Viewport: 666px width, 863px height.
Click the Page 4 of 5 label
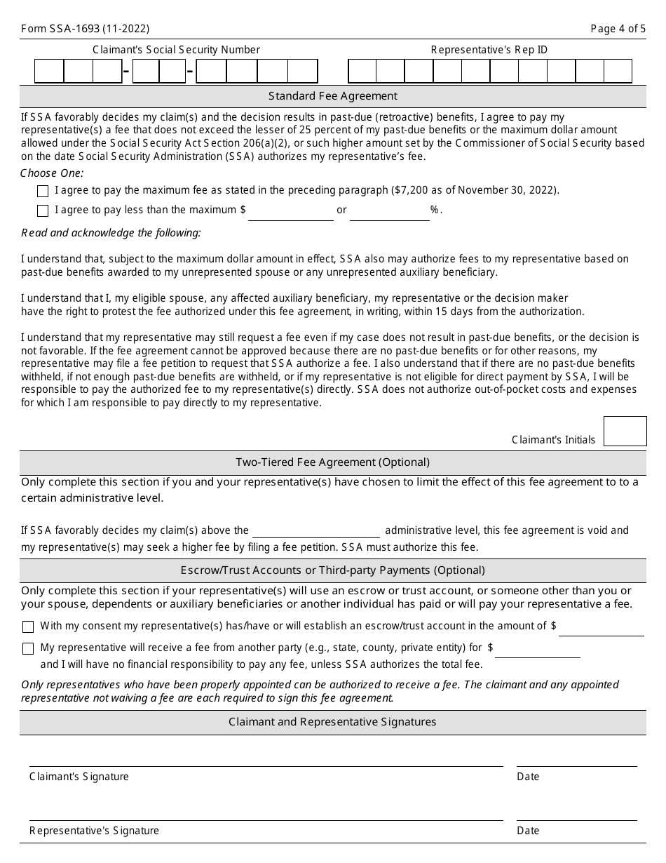pyautogui.click(x=618, y=29)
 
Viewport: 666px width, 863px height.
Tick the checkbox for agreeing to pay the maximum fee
pyautogui.click(x=43, y=191)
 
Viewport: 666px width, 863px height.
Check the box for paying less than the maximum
pyautogui.click(x=43, y=210)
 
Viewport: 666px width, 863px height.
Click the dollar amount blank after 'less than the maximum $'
pyautogui.click(x=290, y=211)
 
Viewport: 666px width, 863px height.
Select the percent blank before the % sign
pyautogui.click(x=389, y=211)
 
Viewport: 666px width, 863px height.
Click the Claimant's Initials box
pyautogui.click(x=625, y=431)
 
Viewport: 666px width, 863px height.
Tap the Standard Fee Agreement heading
pyautogui.click(x=332, y=96)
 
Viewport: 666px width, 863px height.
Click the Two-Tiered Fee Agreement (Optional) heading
pyautogui.click(x=332, y=462)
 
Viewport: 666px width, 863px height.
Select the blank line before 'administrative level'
pyautogui.click(x=315, y=530)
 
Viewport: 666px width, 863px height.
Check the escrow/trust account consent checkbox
pyautogui.click(x=28, y=627)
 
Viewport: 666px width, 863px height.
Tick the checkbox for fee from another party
pyautogui.click(x=28, y=648)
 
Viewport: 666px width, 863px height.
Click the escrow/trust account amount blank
pyautogui.click(x=601, y=627)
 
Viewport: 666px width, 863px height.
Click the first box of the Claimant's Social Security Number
pyautogui.click(x=49, y=72)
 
